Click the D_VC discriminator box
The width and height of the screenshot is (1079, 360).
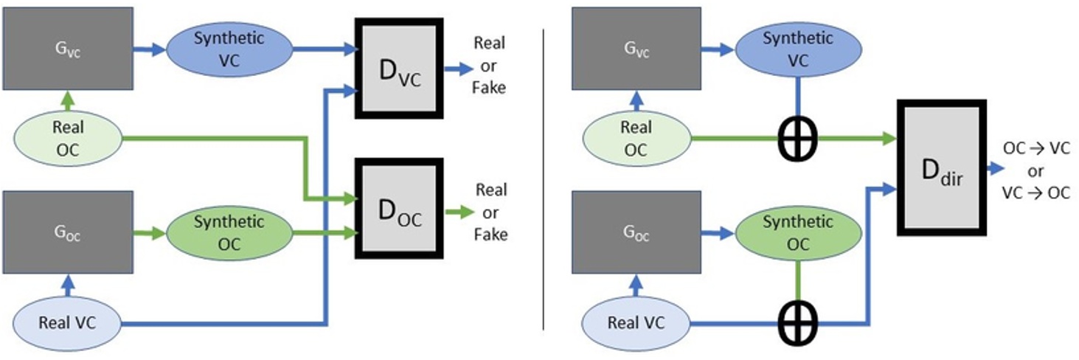click(x=399, y=69)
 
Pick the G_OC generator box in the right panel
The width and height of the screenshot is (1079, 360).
click(x=636, y=233)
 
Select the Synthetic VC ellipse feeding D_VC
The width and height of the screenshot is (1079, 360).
click(x=229, y=49)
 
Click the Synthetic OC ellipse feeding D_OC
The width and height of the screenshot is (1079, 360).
click(x=229, y=232)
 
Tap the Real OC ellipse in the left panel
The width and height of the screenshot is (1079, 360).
click(x=68, y=138)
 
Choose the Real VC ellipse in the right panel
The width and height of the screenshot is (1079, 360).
click(x=636, y=322)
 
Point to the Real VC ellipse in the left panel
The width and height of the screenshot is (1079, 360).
click(x=68, y=322)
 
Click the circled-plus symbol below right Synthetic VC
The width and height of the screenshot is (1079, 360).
click(x=797, y=138)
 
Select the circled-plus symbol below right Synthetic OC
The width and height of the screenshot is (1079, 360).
click(x=797, y=322)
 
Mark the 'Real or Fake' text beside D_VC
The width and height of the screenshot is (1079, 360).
click(x=490, y=65)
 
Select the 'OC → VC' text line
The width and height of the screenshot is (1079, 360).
click(x=1036, y=148)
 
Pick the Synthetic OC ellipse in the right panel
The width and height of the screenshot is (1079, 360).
click(x=797, y=232)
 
